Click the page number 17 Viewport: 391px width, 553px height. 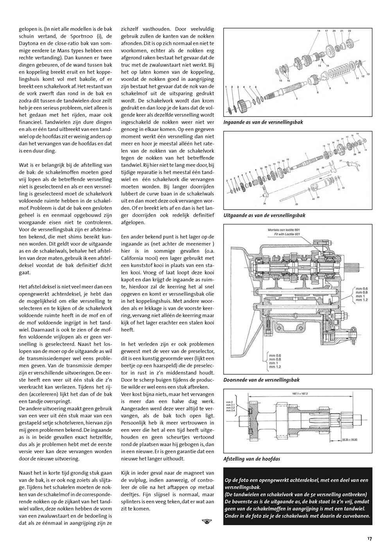point(369,539)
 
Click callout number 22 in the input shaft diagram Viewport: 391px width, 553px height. point(349,31)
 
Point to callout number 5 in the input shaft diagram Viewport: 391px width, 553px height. point(296,99)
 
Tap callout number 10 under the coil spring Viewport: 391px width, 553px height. point(345,83)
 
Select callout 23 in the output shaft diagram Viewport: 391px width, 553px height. point(296,204)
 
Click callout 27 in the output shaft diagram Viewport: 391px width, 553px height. point(341,161)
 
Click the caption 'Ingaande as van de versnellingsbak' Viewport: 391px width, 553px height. point(263,122)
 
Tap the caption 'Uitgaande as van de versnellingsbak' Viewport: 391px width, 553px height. point(264,215)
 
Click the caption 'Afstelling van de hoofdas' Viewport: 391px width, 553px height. point(251,459)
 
